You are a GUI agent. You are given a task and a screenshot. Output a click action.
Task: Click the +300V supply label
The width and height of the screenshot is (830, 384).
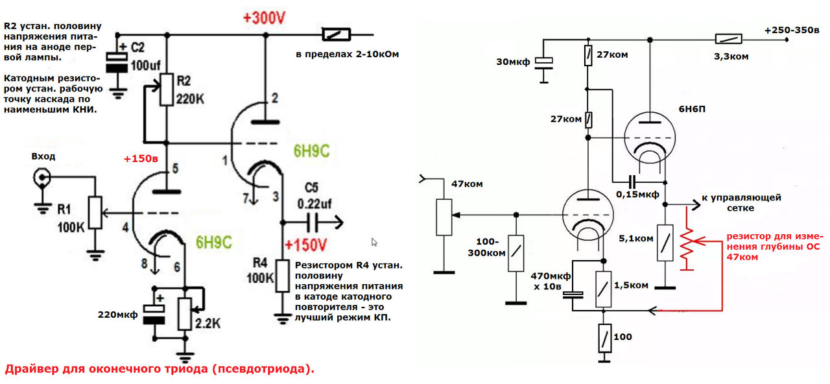pyautogui.click(x=264, y=18)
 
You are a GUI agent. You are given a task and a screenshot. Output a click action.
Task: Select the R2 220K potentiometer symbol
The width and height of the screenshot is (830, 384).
pyautogui.click(x=167, y=90)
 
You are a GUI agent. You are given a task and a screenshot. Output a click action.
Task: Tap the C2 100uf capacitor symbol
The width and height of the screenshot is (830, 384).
pyautogui.click(x=117, y=62)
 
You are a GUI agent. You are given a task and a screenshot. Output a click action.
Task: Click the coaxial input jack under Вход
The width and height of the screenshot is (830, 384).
pyautogui.click(x=41, y=178)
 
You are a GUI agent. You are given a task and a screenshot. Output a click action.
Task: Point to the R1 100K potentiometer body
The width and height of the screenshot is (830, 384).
pyautogui.click(x=95, y=212)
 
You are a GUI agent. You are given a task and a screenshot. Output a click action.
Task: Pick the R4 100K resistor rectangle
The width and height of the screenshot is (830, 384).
pyautogui.click(x=282, y=276)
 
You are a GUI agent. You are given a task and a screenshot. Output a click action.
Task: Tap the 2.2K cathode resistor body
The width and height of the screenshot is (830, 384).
pyautogui.click(x=185, y=313)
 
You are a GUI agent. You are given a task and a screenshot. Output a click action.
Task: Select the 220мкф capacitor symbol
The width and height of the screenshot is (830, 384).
pyautogui.click(x=154, y=315)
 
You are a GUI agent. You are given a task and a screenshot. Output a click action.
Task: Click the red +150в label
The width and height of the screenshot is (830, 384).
pyautogui.click(x=141, y=159)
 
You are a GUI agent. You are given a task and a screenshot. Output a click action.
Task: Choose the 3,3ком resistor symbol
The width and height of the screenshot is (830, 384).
pyautogui.click(x=728, y=39)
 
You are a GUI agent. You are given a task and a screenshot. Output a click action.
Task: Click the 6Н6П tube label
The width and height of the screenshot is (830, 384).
pyautogui.click(x=692, y=109)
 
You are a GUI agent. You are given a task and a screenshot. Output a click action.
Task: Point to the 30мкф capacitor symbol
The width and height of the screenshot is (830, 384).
pyautogui.click(x=543, y=64)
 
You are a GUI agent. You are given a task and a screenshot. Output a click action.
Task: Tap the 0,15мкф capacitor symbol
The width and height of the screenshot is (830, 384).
pyautogui.click(x=632, y=182)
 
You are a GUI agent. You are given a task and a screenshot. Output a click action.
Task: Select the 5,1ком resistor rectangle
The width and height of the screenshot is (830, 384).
pyautogui.click(x=665, y=243)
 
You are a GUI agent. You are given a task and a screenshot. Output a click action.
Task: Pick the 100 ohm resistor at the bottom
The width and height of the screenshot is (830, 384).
pyautogui.click(x=605, y=338)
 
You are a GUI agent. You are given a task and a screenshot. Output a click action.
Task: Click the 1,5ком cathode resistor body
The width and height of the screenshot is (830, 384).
pyautogui.click(x=603, y=289)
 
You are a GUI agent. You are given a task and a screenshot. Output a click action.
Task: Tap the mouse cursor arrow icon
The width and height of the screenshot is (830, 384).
pyautogui.click(x=374, y=242)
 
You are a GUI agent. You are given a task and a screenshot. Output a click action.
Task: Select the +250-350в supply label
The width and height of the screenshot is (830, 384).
pyautogui.click(x=792, y=30)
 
